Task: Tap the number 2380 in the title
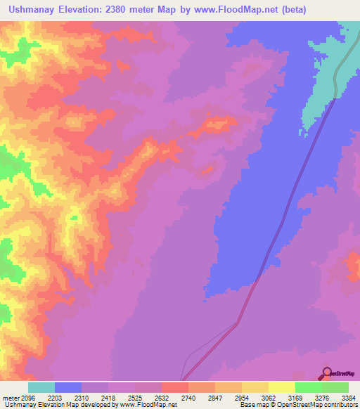144,10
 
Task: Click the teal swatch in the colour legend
41,388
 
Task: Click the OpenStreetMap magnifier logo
327,372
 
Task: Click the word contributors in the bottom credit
340,405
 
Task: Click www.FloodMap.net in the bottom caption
148,405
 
